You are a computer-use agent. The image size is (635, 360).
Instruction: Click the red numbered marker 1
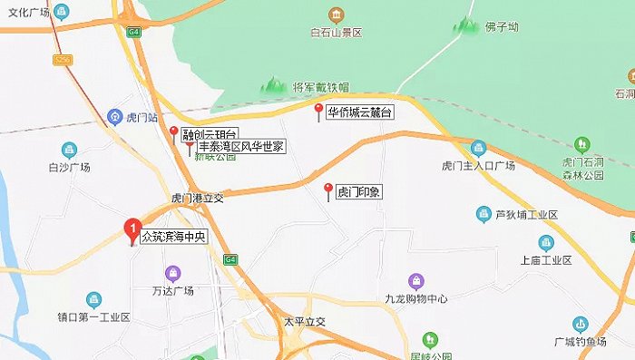[x=133, y=228]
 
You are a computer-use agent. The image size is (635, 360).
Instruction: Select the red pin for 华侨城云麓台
[x=317, y=112]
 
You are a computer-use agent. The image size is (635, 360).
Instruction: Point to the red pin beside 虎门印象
[x=328, y=190]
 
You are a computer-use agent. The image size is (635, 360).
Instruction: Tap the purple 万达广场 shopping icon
[x=172, y=272]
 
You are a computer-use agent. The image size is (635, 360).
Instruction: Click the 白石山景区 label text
[x=336, y=33]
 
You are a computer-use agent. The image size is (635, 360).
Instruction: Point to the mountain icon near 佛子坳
[x=467, y=25]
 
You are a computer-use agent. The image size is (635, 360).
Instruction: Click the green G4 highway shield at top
[x=134, y=33]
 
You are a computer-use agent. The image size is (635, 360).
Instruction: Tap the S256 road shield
[x=62, y=61]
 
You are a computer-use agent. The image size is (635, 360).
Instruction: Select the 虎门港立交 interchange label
[x=197, y=198]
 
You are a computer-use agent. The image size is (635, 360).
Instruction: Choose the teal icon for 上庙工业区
[x=545, y=243]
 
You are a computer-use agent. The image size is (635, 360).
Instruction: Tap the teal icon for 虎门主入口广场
[x=478, y=149]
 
